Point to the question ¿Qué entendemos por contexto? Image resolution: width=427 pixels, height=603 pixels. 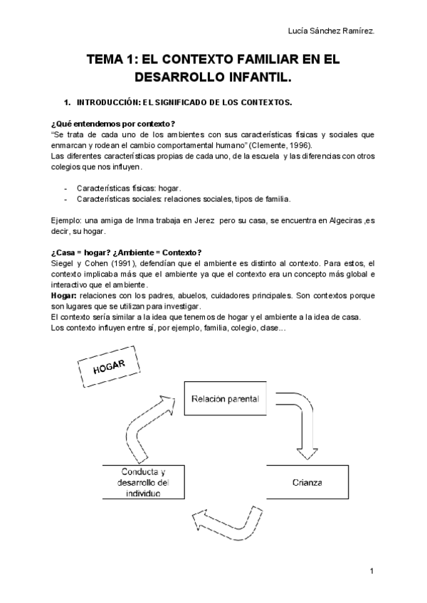pyautogui.click(x=114, y=124)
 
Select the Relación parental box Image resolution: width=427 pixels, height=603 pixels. pyautogui.click(x=225, y=400)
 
